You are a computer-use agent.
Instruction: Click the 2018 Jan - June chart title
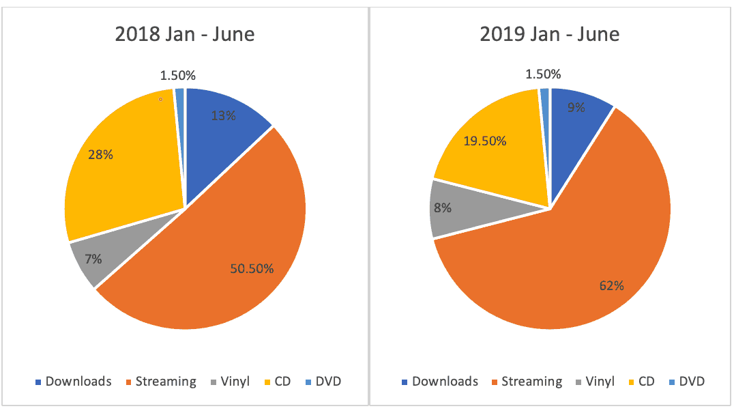tap(185, 34)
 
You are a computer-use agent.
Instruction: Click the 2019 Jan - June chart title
tap(550, 34)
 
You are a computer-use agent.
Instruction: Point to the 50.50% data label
tap(251, 269)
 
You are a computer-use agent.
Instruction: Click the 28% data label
tap(101, 155)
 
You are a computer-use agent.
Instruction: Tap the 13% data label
tap(223, 116)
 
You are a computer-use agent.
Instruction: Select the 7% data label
tap(93, 259)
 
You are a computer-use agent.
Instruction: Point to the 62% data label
tap(611, 286)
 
